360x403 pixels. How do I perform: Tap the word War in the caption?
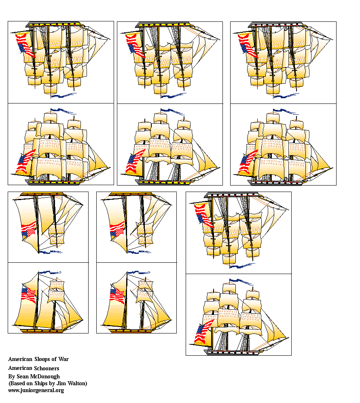click(64, 359)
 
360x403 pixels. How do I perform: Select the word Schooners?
click(46, 368)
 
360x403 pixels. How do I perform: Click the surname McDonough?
click(45, 376)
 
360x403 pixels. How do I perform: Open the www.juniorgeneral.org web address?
click(36, 390)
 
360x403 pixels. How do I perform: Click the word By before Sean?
click(11, 376)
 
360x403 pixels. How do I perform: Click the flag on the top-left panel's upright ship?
click(26, 161)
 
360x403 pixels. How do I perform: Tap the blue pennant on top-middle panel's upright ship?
click(169, 111)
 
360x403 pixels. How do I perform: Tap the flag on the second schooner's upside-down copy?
click(118, 229)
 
